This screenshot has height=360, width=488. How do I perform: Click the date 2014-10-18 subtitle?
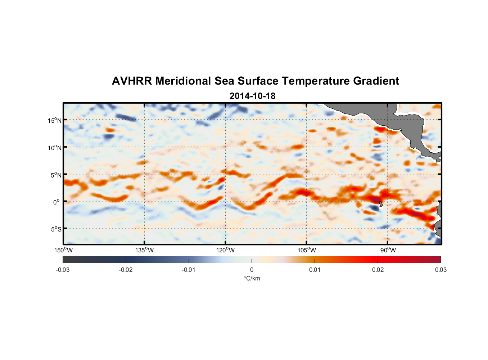click(252, 96)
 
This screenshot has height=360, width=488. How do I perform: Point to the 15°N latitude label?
click(55, 120)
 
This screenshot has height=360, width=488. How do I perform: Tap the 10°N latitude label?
click(55, 148)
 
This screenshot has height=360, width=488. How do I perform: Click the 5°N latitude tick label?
click(56, 175)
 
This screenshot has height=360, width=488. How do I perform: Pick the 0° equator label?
click(57, 202)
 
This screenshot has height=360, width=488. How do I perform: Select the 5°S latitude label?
click(56, 229)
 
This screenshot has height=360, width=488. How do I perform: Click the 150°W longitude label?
click(64, 250)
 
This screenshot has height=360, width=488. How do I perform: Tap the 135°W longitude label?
click(145, 250)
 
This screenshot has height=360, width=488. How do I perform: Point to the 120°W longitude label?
click(226, 250)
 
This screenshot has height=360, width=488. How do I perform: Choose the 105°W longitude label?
click(307, 250)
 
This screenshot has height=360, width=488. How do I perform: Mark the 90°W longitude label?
click(388, 250)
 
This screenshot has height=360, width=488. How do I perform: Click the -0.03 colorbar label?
click(63, 270)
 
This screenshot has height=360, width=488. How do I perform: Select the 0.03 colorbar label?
click(440, 270)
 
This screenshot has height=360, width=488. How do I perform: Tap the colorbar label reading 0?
click(252, 270)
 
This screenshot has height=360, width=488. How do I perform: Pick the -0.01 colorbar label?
click(189, 270)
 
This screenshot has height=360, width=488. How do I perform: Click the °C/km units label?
click(252, 278)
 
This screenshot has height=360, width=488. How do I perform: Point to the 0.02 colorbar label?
click(378, 270)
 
